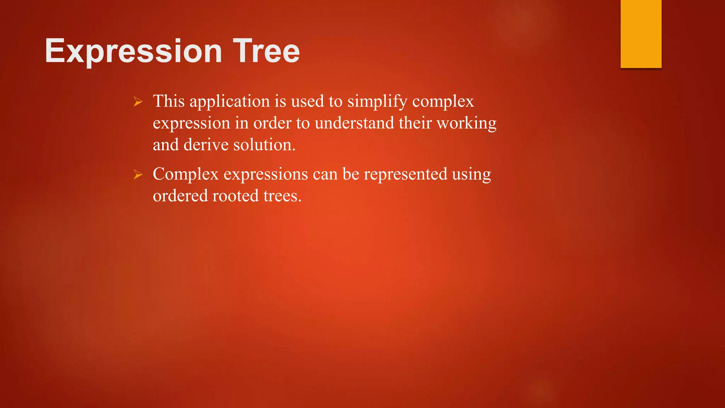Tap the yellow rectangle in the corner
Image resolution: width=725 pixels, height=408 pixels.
point(641,34)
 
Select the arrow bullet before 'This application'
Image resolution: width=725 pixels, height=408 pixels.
point(138,102)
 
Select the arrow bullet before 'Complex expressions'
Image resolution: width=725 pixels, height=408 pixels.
point(138,175)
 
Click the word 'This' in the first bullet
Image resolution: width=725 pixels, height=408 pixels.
point(169,101)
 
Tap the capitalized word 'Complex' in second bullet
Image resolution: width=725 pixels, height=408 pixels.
point(185,175)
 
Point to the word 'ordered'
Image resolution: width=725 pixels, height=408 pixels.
point(180,196)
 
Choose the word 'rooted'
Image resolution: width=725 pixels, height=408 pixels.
point(235,196)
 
